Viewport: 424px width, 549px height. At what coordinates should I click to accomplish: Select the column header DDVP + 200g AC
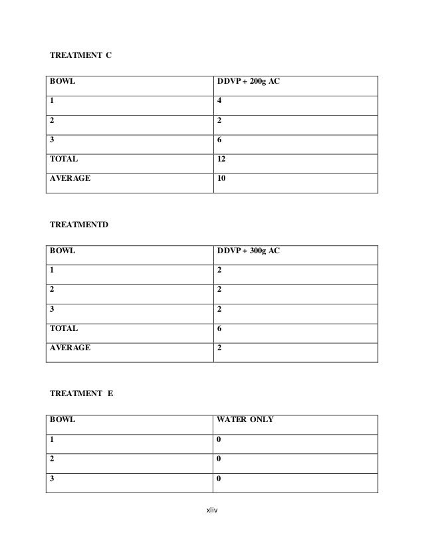point(250,82)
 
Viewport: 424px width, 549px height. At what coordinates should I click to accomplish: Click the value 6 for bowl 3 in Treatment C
point(220,140)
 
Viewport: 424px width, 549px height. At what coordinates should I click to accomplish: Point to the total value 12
point(222,160)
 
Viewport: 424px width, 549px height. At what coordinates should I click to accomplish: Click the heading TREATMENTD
point(79,225)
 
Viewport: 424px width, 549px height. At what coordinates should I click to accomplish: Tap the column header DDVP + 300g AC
point(250,253)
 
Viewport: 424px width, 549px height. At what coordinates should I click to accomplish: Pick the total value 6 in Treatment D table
point(220,328)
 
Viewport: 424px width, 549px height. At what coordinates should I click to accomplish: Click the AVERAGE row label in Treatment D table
point(70,347)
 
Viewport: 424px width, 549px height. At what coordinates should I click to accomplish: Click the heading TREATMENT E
point(82,394)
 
